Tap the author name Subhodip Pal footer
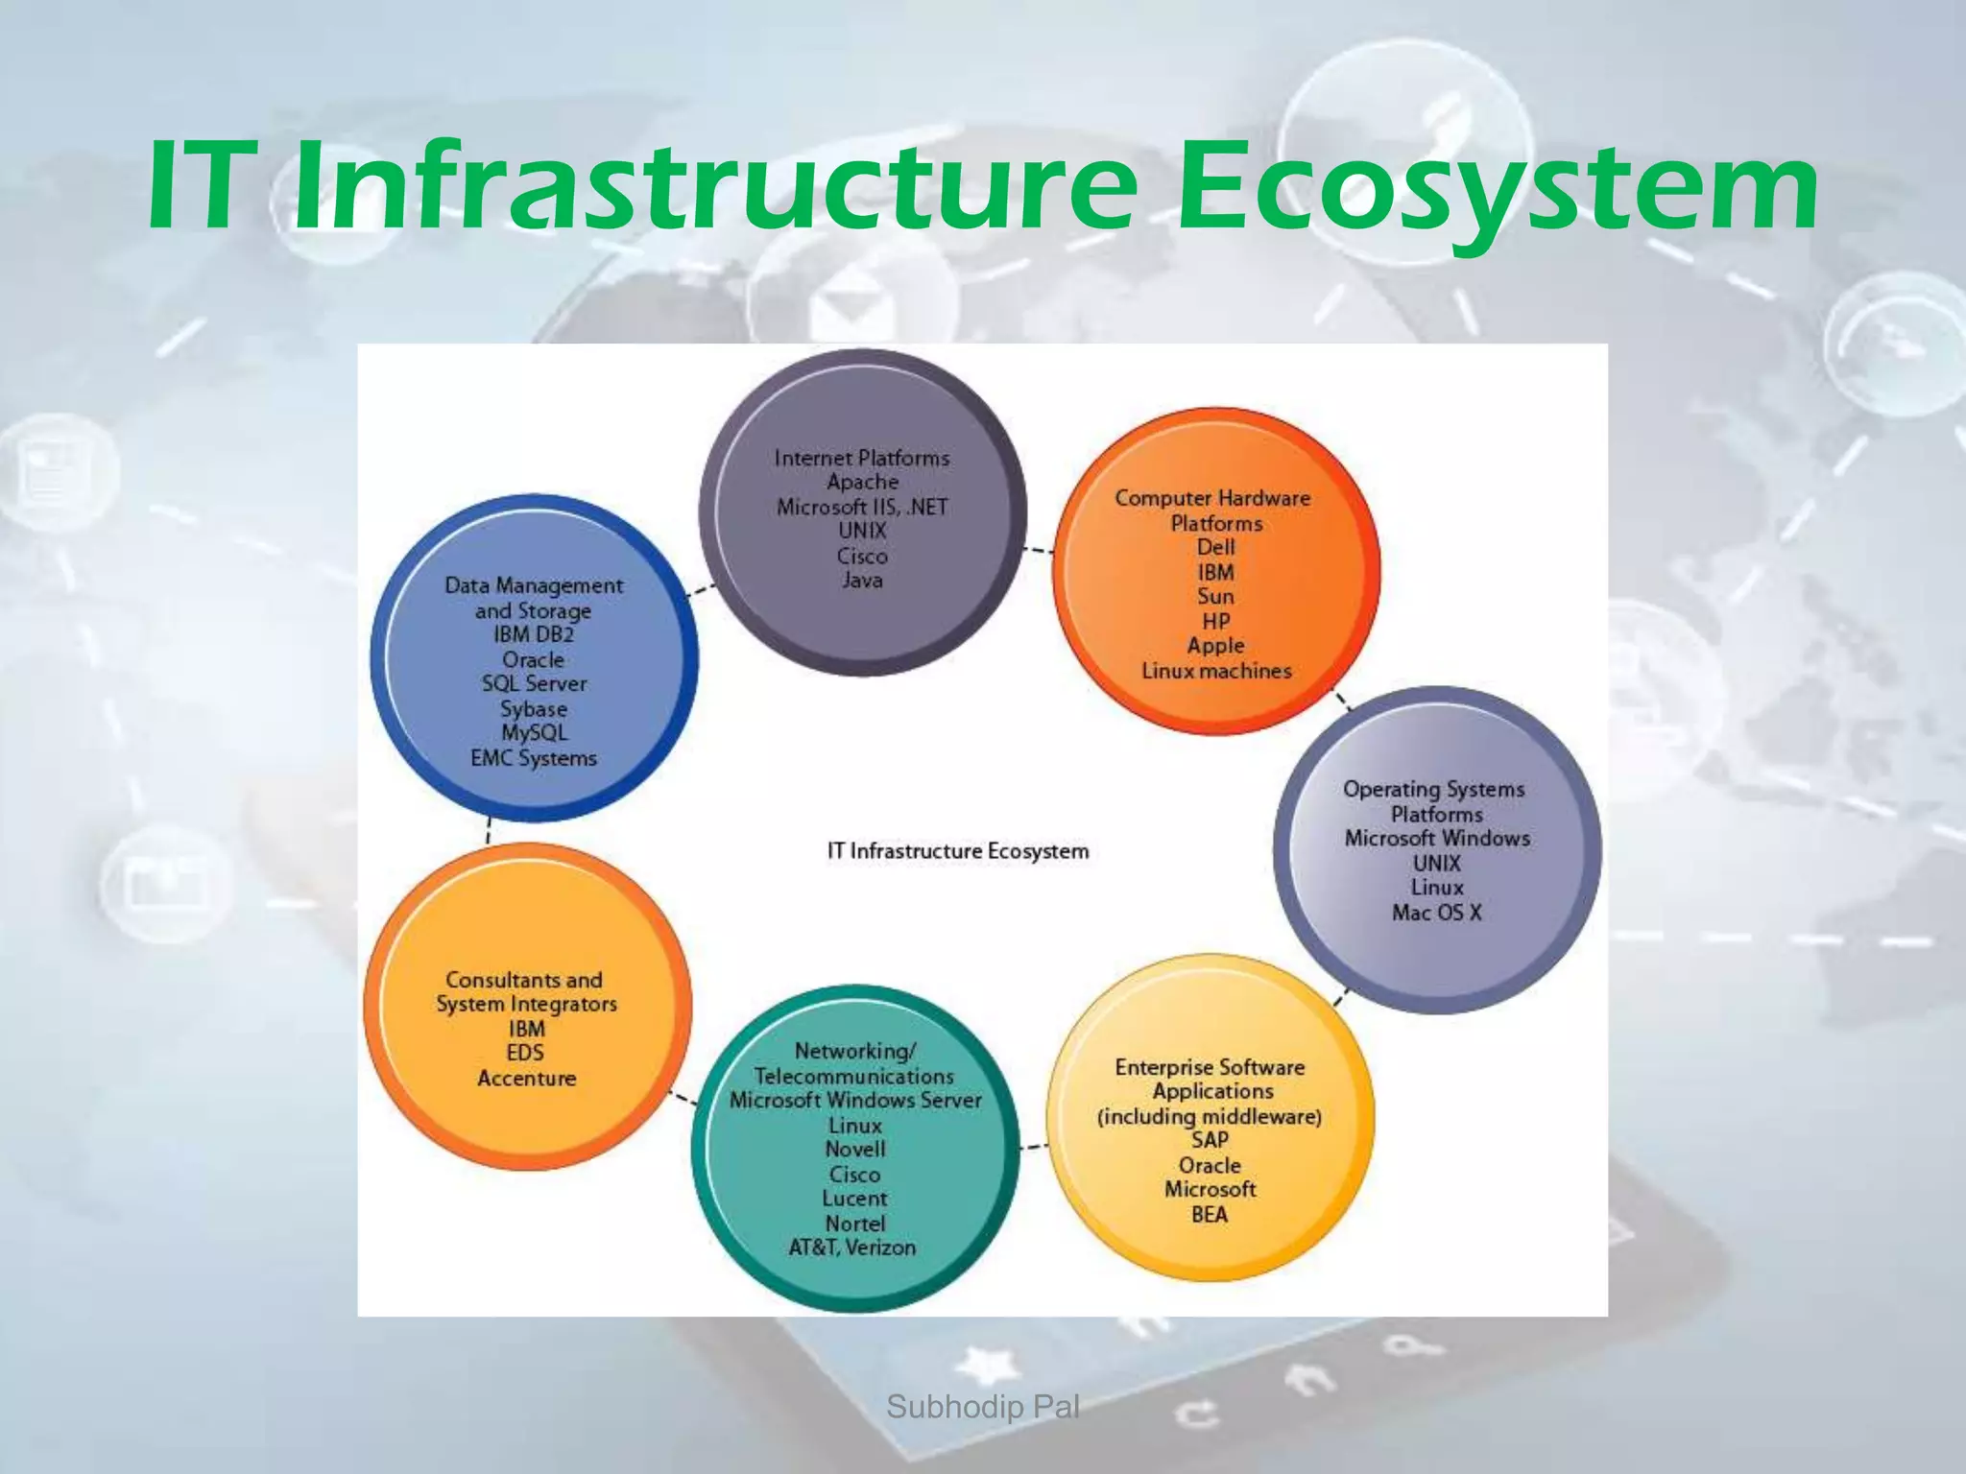point(982,1407)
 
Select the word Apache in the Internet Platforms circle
point(862,482)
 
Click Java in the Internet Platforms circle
point(862,580)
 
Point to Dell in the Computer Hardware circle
point(1215,547)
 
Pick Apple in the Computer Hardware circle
point(1215,646)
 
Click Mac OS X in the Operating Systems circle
point(1436,913)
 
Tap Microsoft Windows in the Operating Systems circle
point(1436,838)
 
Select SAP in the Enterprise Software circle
point(1210,1140)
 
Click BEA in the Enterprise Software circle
point(1210,1214)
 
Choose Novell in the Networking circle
point(854,1149)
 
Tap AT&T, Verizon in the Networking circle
point(852,1248)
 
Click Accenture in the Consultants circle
point(527,1078)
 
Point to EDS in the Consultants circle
point(526,1053)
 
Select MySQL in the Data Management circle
point(534,732)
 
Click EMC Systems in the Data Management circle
point(534,758)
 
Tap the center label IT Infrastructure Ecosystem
point(958,851)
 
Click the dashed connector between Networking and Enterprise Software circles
point(1033,1146)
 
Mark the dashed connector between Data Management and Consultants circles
point(489,831)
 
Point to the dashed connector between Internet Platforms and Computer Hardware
point(1039,551)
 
